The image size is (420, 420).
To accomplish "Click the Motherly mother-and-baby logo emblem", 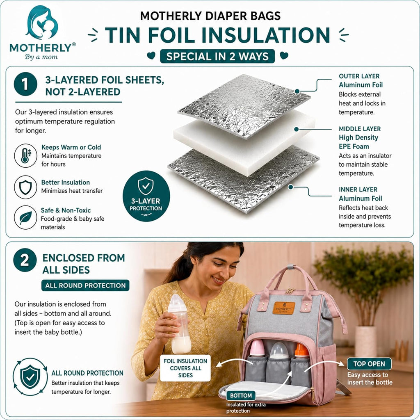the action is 43,23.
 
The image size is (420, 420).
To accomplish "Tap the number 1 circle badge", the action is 25,84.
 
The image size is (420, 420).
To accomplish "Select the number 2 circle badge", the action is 25,260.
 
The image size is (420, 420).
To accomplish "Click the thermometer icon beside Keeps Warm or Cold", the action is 25,155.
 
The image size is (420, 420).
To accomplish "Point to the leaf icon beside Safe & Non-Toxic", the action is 25,217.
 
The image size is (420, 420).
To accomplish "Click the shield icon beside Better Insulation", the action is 25,187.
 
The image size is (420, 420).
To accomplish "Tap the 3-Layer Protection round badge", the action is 146,196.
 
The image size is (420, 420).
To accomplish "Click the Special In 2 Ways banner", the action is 217,56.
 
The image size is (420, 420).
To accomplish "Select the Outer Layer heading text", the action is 359,76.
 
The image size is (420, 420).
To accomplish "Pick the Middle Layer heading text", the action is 359,129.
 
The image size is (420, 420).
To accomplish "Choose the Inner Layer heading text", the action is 358,189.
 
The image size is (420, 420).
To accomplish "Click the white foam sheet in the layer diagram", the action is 244,142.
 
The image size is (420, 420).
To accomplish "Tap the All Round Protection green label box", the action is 85,285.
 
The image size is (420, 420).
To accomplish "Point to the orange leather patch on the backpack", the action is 284,308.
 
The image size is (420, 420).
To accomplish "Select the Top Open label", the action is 369,364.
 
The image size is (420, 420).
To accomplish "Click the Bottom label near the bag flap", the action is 241,395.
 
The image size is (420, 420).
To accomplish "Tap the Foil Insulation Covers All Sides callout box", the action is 185,368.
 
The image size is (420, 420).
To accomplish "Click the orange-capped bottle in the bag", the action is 301,352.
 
